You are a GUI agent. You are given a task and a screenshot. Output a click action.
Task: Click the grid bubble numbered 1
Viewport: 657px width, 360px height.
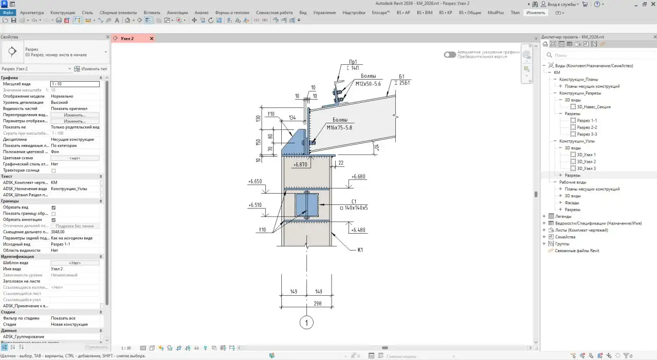click(306, 323)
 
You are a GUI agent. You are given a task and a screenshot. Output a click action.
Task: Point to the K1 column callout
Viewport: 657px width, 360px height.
click(360, 250)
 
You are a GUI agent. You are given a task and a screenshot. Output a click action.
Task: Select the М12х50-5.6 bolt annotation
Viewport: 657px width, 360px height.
click(368, 83)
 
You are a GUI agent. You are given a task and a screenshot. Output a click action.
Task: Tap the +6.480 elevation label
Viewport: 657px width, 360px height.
click(358, 230)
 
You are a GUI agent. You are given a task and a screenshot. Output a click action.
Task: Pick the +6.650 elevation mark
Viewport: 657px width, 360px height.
click(255, 182)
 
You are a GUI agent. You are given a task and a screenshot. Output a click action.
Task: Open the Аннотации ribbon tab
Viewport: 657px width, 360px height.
click(177, 12)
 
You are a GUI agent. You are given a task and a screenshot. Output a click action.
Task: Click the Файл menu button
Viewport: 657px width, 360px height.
click(8, 12)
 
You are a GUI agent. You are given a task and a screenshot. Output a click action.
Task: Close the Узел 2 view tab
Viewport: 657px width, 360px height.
click(151, 39)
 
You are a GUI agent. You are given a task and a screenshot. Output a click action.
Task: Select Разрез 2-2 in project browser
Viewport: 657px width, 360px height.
click(587, 127)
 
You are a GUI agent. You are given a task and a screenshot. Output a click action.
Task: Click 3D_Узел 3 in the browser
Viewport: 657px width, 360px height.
click(586, 168)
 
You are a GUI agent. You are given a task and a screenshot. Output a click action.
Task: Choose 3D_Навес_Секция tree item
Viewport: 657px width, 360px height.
click(593, 107)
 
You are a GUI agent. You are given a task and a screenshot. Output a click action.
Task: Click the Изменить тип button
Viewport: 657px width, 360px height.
click(91, 69)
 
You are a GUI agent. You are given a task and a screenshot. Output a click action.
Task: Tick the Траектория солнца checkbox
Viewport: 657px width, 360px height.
click(53, 170)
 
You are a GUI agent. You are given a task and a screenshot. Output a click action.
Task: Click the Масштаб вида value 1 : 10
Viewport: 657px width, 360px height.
click(75, 84)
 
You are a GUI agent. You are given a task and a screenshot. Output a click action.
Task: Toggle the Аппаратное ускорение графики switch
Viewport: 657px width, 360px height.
click(450, 54)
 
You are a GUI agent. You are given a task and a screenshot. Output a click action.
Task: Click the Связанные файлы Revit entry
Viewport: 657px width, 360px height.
click(577, 251)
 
